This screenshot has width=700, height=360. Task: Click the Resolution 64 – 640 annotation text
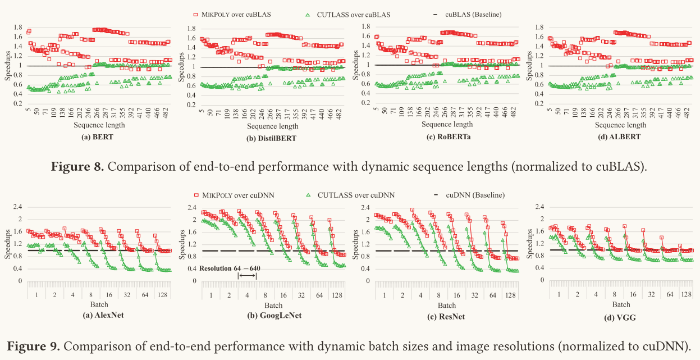[230, 268]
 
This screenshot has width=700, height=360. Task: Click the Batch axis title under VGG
[621, 305]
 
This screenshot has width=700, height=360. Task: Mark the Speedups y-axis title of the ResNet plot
[356, 244]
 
